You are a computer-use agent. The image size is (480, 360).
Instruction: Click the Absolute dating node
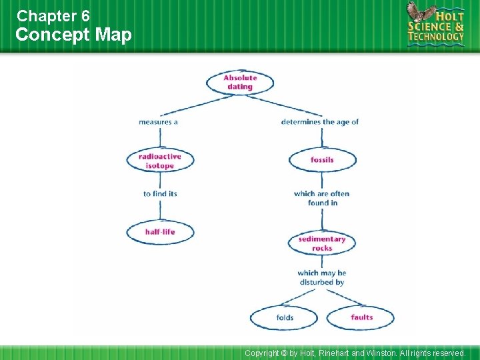click(x=239, y=82)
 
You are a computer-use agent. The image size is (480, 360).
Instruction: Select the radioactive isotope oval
click(x=159, y=161)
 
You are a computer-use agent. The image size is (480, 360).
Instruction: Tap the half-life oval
click(x=159, y=231)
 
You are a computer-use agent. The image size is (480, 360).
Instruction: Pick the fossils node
click(x=322, y=160)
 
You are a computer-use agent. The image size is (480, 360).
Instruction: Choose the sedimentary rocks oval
click(x=322, y=243)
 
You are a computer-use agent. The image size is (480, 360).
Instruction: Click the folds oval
click(x=285, y=317)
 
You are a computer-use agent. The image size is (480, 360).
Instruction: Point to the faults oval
click(x=361, y=317)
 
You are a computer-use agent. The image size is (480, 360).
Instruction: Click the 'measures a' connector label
click(x=158, y=122)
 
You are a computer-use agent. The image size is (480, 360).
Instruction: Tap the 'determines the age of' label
click(x=320, y=122)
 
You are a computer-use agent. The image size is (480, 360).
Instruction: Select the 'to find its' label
click(x=160, y=194)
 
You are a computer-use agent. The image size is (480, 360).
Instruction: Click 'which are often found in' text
click(x=321, y=198)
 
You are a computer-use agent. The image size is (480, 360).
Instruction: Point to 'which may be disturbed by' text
click(x=321, y=277)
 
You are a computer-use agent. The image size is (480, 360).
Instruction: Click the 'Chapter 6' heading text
click(x=53, y=15)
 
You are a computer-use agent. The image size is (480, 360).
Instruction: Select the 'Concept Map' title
click(x=73, y=35)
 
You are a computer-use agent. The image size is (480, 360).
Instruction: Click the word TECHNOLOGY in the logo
click(x=436, y=37)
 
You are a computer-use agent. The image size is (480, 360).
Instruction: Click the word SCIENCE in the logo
click(x=430, y=25)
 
